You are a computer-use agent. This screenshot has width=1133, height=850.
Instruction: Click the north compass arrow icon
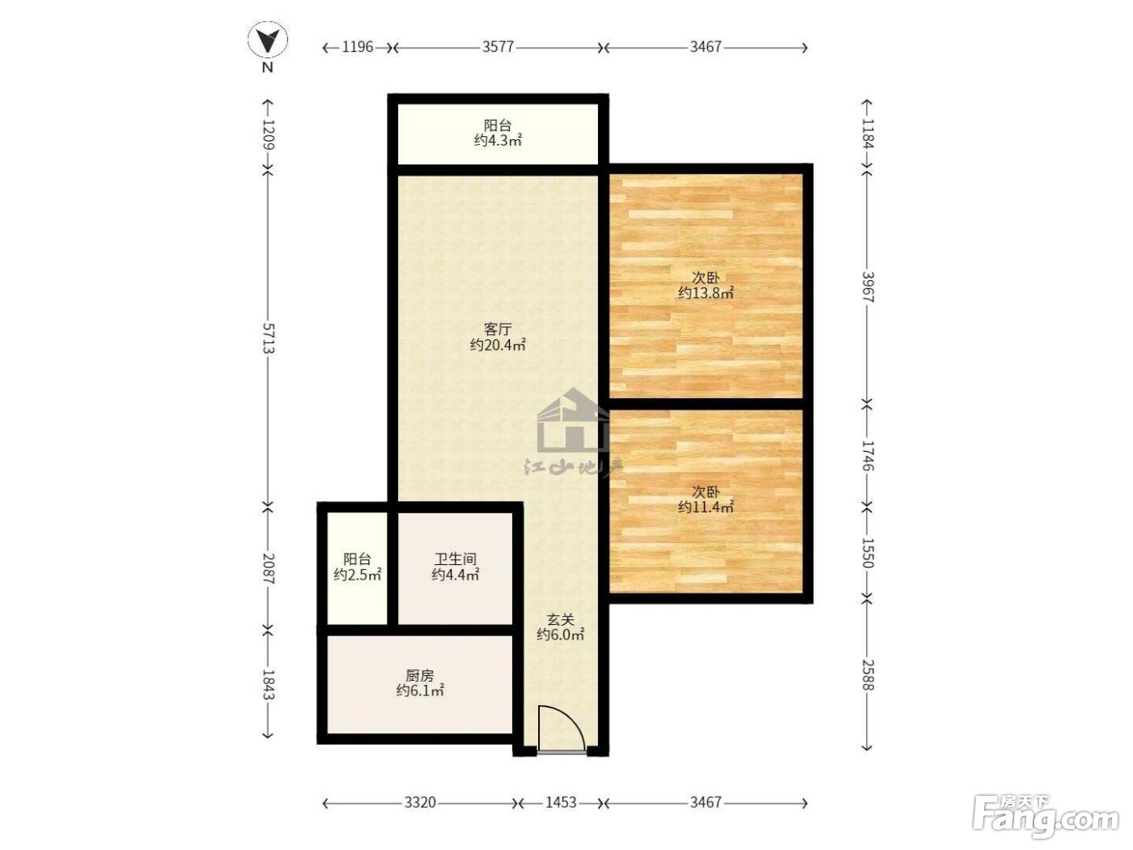coord(267,39)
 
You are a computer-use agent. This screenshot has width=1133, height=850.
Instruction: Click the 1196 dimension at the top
coord(357,47)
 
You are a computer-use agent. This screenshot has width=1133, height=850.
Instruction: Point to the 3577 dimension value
coord(498,47)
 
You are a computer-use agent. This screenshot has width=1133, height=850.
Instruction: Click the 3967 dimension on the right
coord(868,287)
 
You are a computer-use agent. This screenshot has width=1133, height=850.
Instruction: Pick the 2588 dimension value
coord(868,674)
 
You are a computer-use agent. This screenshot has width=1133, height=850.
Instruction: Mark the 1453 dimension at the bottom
coord(561,802)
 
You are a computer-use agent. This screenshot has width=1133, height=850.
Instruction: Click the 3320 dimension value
coord(420,802)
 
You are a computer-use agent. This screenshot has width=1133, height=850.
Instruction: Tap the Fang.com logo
coord(1046,816)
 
